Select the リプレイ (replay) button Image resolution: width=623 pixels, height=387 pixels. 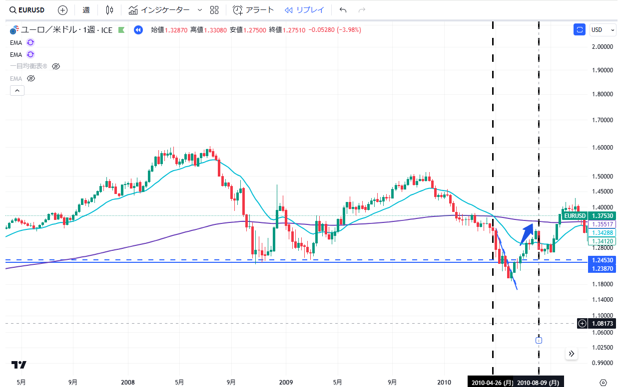click(x=304, y=10)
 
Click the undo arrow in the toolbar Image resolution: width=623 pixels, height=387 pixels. click(x=343, y=10)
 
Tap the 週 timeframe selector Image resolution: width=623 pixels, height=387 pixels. click(x=86, y=10)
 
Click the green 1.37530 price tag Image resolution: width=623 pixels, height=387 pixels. click(x=603, y=215)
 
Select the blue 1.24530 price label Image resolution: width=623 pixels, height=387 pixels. click(x=603, y=260)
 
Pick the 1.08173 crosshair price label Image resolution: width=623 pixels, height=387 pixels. click(x=603, y=323)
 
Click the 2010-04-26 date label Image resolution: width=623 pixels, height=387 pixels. click(x=492, y=383)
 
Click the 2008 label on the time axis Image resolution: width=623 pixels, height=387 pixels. click(x=128, y=383)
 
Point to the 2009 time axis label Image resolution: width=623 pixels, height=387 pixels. click(x=286, y=383)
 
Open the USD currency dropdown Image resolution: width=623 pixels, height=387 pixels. click(x=603, y=30)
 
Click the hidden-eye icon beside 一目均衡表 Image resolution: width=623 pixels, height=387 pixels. click(x=56, y=66)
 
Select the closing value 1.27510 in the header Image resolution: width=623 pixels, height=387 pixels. click(x=295, y=30)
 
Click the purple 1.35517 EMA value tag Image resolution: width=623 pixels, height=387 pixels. click(x=603, y=224)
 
